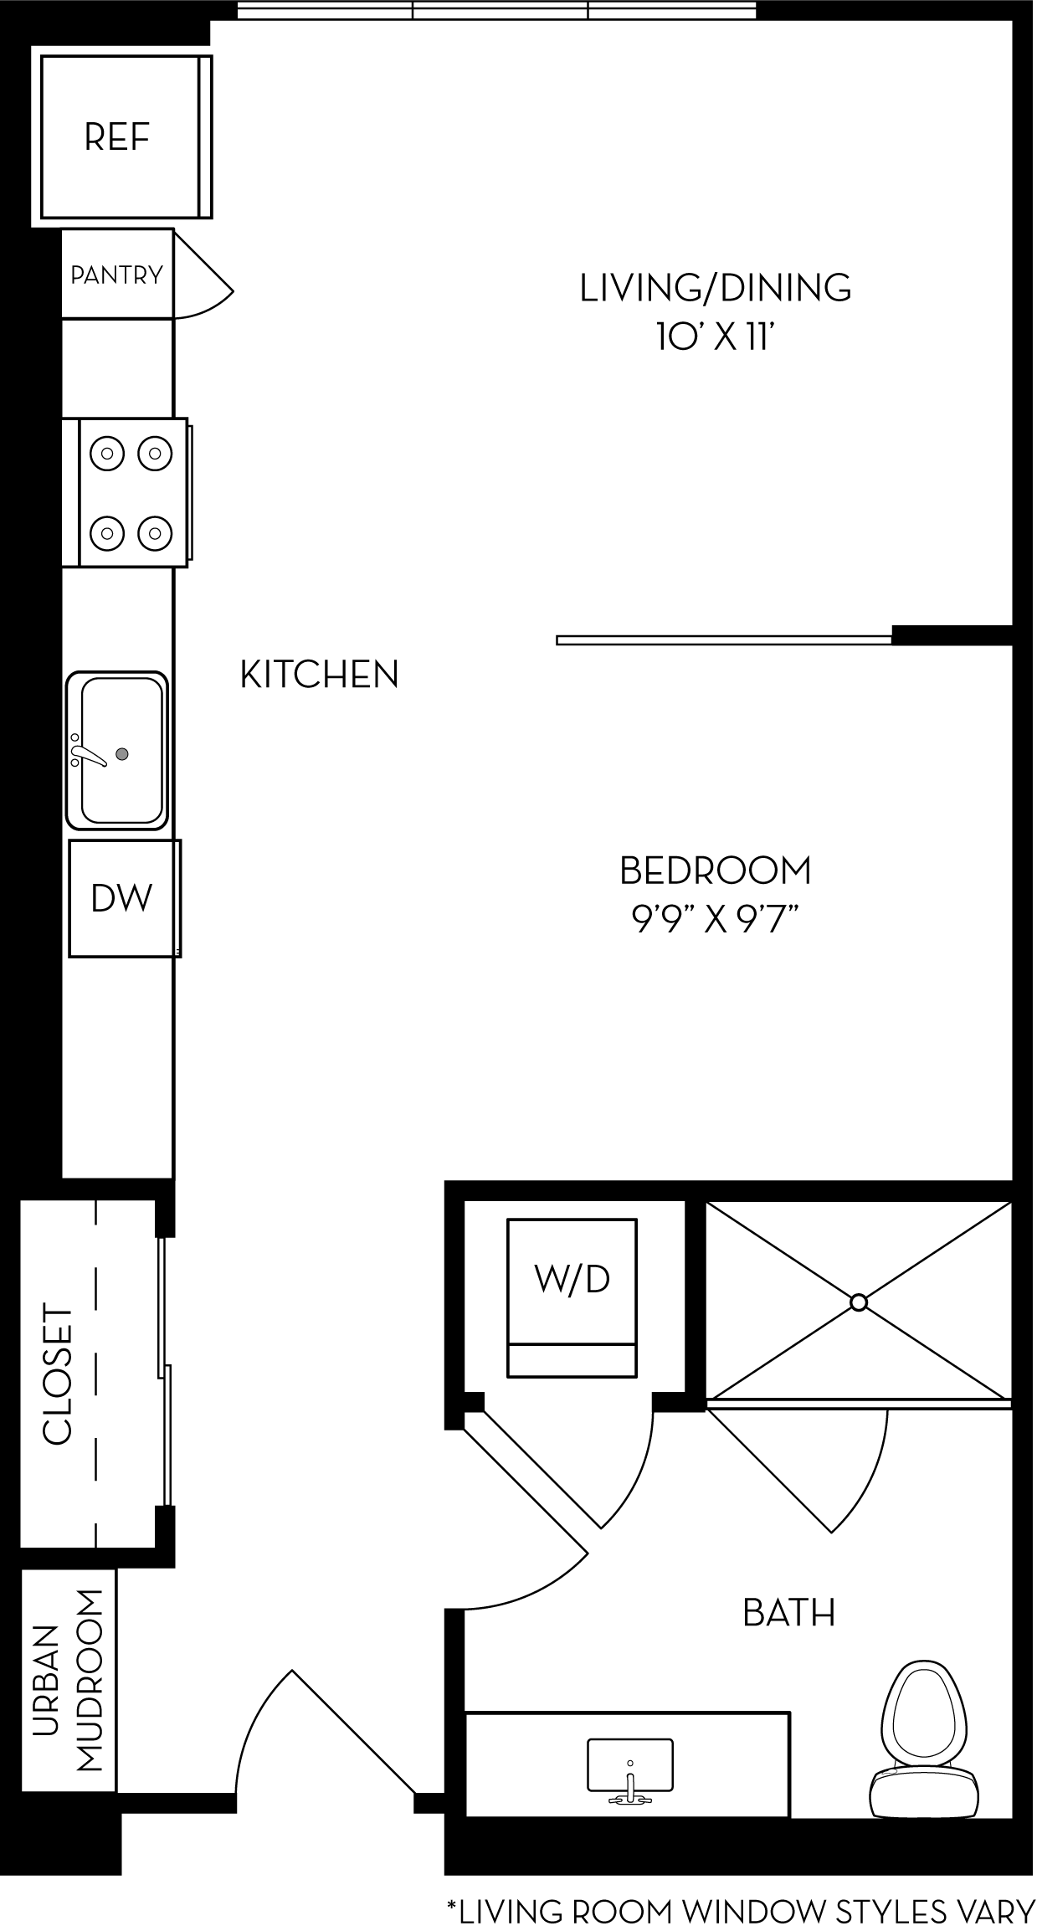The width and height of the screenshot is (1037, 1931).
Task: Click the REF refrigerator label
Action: (x=117, y=137)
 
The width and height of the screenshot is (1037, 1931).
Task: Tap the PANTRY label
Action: (x=116, y=275)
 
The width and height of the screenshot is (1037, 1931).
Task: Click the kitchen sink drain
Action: (x=122, y=753)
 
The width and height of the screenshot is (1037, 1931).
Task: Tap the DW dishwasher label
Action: (x=122, y=898)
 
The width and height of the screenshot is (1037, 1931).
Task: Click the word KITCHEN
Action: (x=319, y=675)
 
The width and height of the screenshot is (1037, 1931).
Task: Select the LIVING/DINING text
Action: (x=716, y=288)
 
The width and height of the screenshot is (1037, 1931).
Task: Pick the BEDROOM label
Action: (x=716, y=870)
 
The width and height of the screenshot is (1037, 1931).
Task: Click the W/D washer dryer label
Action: (x=572, y=1279)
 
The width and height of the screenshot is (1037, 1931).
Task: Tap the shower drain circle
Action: (x=858, y=1303)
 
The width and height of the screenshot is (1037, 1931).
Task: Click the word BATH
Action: (x=788, y=1613)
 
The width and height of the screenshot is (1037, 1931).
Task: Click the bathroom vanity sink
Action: (x=630, y=1769)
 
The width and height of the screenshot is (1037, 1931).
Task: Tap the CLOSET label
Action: (x=59, y=1374)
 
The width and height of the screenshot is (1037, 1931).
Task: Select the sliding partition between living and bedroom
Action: (x=724, y=640)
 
